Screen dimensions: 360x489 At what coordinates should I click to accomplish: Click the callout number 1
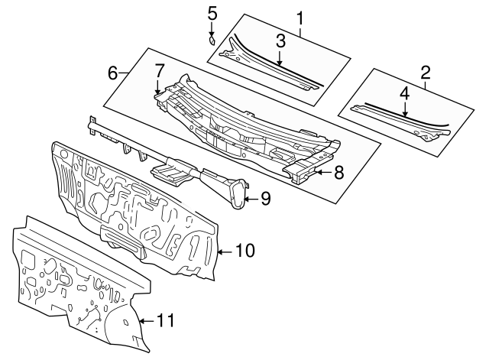click(300, 17)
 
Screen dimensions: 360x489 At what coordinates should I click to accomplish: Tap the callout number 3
click(280, 41)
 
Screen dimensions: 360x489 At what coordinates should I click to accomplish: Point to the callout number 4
click(405, 94)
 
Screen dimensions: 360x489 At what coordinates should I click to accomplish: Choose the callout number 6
click(113, 73)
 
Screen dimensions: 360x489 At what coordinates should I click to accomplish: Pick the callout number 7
click(159, 70)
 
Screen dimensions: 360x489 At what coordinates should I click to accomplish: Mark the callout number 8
click(338, 173)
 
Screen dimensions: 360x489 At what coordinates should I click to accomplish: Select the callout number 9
click(265, 199)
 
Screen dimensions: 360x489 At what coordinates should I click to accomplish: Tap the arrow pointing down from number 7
click(159, 89)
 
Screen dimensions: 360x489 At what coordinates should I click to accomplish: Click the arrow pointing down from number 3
click(280, 60)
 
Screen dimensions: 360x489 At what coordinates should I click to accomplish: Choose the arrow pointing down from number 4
click(405, 111)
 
